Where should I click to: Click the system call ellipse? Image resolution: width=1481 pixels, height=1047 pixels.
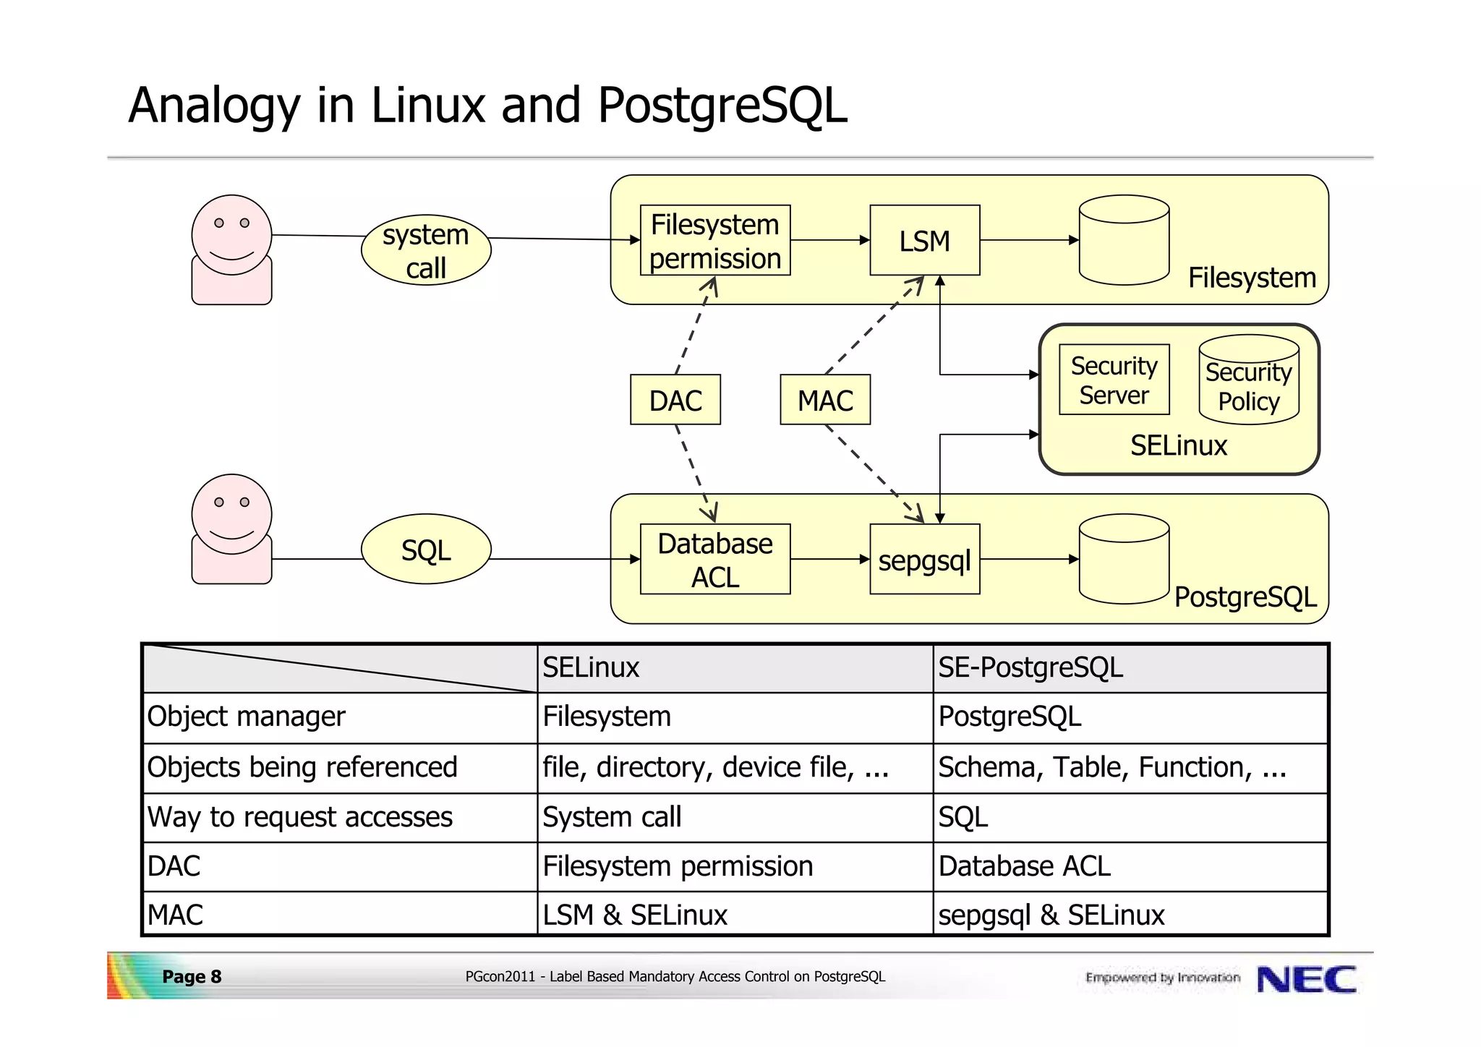coord(426,250)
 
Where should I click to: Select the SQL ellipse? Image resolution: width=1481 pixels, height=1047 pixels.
coord(426,550)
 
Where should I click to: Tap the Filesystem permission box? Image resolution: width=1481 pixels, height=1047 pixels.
coord(715,241)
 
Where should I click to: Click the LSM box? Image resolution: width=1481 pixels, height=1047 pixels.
coord(924,241)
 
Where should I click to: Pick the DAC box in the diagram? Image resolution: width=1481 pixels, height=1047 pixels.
coord(675,400)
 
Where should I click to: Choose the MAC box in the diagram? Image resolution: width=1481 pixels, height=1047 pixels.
coord(825,400)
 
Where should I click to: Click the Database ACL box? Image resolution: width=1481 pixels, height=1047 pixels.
coord(715,560)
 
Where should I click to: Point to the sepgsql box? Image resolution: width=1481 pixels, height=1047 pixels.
coord(924,560)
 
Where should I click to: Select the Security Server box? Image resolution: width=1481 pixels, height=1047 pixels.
coord(1114,380)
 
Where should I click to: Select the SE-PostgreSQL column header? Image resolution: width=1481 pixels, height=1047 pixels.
coord(1030,667)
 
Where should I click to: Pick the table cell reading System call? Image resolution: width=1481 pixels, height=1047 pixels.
coord(612,817)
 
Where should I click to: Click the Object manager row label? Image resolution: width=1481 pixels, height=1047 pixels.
coord(247,717)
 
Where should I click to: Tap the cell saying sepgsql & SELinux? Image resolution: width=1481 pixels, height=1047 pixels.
coord(1051,915)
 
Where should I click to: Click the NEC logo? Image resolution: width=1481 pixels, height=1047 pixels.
coord(1306,979)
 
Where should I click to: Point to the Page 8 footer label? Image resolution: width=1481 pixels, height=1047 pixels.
coord(192,977)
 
